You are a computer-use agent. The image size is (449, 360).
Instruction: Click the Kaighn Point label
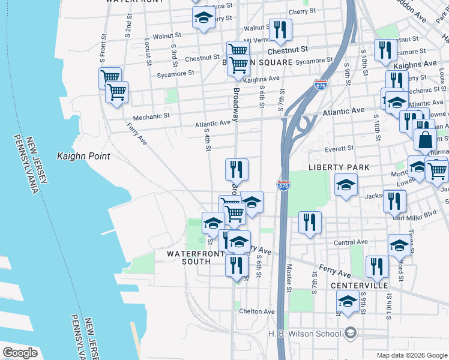tap(83, 156)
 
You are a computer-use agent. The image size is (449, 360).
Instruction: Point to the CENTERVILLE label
tap(360, 286)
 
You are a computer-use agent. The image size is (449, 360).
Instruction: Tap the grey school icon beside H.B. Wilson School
tap(349, 332)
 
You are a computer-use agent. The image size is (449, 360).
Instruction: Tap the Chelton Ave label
tap(257, 311)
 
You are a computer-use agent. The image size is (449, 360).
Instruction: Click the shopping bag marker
tap(425, 140)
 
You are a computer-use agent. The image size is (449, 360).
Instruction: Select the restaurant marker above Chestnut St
tap(280, 29)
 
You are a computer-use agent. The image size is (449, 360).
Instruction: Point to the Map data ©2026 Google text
tap(411, 355)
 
